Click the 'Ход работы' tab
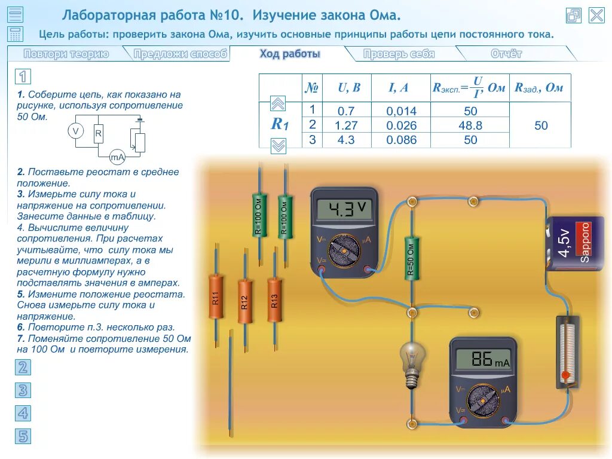tap(290, 54)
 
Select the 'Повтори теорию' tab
tap(66, 54)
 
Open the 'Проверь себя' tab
tap(399, 54)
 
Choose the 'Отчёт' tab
tap(506, 54)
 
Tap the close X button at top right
tap(596, 16)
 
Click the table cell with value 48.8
tap(470, 126)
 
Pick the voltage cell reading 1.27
tap(346, 126)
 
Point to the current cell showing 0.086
tap(401, 140)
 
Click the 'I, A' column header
tap(399, 88)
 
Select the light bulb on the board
tap(411, 362)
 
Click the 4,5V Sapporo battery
tap(575, 243)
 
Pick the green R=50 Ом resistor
tap(411, 258)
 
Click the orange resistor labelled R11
tap(216, 296)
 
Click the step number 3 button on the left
tap(23, 390)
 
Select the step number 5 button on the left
tap(23, 436)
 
